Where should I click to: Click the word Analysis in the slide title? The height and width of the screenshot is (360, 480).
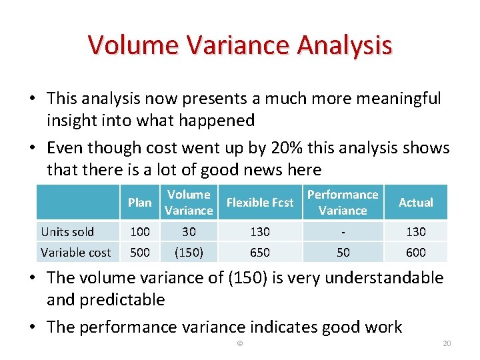point(345,45)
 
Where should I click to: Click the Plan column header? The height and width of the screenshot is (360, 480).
point(139,203)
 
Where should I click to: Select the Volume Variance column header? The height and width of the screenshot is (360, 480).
point(189,203)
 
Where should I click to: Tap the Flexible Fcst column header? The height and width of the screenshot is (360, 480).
point(260,203)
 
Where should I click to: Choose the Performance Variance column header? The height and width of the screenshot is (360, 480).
point(343,203)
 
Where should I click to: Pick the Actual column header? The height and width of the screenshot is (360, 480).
point(415,203)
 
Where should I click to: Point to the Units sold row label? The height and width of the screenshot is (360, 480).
point(67,232)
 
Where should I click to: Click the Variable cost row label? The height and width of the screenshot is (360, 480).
point(76,252)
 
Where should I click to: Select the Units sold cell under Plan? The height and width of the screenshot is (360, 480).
point(139,232)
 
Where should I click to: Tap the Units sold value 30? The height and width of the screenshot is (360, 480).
point(189,232)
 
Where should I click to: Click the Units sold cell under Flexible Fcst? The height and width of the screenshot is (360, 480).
point(260,232)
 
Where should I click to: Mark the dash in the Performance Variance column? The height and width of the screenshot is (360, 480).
point(343,232)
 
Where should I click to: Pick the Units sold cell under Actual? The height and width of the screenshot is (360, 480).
point(415,232)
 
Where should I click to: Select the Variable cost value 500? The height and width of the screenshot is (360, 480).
point(139,252)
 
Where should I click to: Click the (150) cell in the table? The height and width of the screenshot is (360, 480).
point(189,252)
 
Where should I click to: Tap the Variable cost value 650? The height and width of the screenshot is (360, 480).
point(260,252)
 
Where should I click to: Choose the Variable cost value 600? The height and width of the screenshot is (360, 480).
point(415,252)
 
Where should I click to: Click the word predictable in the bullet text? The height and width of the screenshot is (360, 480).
point(123,300)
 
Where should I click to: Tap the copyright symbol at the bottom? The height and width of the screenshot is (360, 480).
point(240,343)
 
